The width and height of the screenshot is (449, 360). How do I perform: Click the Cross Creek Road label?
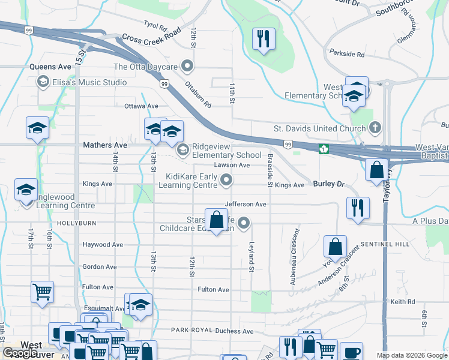coord(151,37)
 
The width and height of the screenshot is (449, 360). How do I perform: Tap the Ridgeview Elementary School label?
coord(227,155)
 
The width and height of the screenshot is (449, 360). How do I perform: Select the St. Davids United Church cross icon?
coord(375,127)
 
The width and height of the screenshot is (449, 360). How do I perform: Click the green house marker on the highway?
coord(324,149)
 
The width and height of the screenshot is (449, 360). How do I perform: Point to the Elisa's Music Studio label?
coord(89,82)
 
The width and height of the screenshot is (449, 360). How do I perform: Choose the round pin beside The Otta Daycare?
coord(188,66)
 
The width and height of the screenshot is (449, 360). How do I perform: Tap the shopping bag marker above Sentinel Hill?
coord(336,246)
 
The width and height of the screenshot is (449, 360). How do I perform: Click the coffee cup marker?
coord(351,352)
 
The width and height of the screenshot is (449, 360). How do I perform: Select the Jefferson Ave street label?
coord(246,205)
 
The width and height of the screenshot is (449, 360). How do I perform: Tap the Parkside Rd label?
coord(346,54)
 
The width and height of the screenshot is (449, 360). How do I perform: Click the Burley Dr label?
coord(327,185)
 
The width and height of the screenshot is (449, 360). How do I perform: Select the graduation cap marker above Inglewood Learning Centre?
coord(26,190)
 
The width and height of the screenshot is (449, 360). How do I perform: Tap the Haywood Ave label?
coord(103,245)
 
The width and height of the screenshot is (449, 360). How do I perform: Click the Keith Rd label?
coord(402,301)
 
